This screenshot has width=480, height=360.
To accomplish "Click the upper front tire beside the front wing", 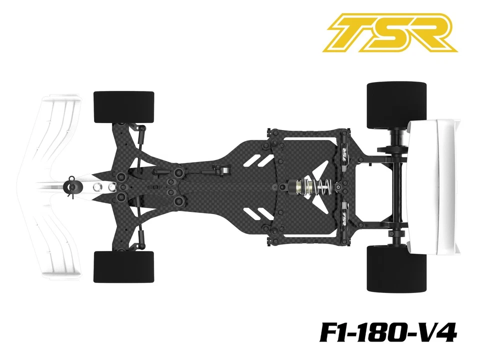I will tap(123, 106).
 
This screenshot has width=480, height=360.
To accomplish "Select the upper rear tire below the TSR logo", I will tap(396, 105).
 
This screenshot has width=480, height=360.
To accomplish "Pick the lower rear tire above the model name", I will tap(396, 268).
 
